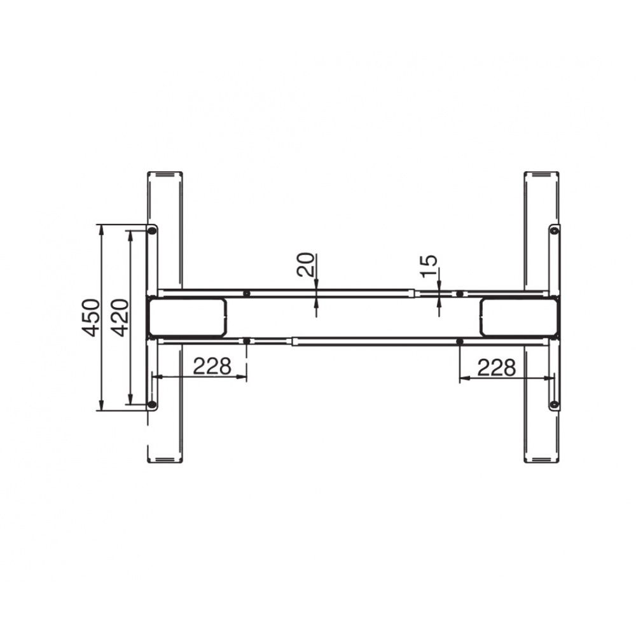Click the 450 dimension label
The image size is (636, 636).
pyautogui.click(x=90, y=317)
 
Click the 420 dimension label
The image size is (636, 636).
pyautogui.click(x=120, y=317)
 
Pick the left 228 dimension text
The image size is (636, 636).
pyautogui.click(x=212, y=366)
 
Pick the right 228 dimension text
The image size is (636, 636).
pyautogui.click(x=497, y=368)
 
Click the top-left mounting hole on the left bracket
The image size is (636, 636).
pyautogui.click(x=152, y=232)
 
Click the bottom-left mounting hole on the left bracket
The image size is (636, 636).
pyautogui.click(x=152, y=404)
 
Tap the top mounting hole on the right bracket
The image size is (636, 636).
pyautogui.click(x=555, y=231)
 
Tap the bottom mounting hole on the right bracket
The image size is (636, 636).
pyautogui.click(x=555, y=404)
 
